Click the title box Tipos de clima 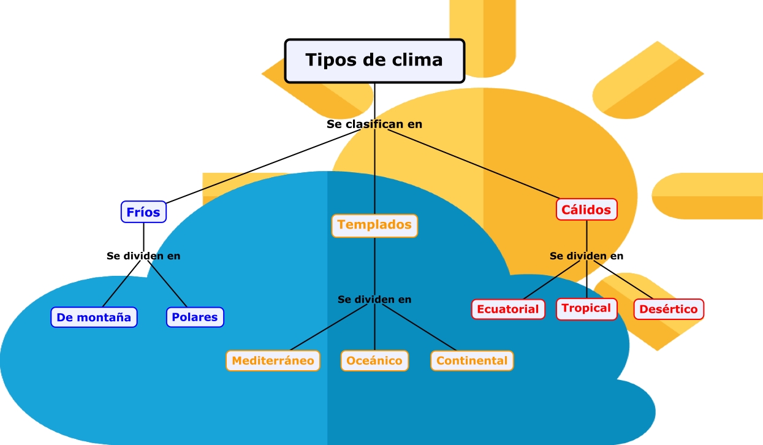tap(374, 61)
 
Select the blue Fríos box tap(143, 212)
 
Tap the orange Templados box tap(374, 225)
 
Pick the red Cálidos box tap(586, 210)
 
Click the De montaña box tap(94, 318)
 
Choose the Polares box tap(195, 318)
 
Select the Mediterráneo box tap(273, 360)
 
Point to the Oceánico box tap(374, 360)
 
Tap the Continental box tap(472, 360)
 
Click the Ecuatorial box tap(508, 309)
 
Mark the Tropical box tap(586, 308)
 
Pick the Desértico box tap(669, 309)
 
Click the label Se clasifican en tap(374, 124)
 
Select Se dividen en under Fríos tap(143, 256)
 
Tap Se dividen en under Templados tap(374, 299)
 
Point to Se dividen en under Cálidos tap(586, 256)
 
